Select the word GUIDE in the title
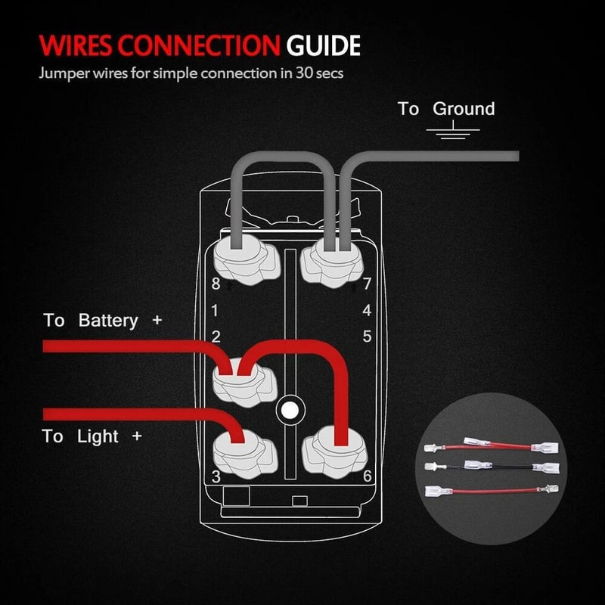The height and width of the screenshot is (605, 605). [323, 46]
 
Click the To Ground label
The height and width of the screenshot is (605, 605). [446, 109]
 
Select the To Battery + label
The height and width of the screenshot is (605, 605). [102, 321]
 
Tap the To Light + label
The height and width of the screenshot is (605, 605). [92, 436]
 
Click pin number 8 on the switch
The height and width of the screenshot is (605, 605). [216, 285]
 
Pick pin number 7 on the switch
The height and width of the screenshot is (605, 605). [367, 285]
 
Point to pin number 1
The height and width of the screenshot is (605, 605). [216, 310]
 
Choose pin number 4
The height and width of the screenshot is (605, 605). [367, 310]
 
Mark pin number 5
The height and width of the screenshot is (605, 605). [367, 337]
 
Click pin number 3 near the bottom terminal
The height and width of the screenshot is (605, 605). [216, 476]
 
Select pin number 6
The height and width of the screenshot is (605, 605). [367, 476]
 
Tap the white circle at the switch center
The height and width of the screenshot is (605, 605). [288, 410]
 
